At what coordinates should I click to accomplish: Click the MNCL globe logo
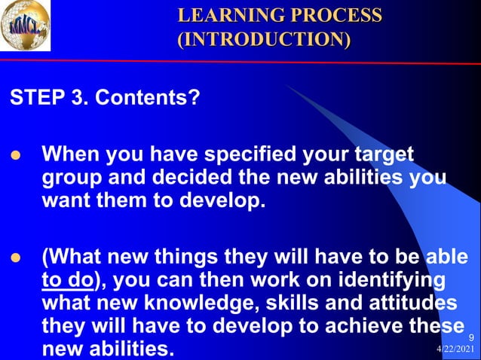click(x=26, y=26)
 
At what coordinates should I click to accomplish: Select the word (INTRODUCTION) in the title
click(x=263, y=38)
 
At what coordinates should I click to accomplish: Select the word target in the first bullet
click(x=381, y=155)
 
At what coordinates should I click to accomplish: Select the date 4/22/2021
click(x=456, y=352)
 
